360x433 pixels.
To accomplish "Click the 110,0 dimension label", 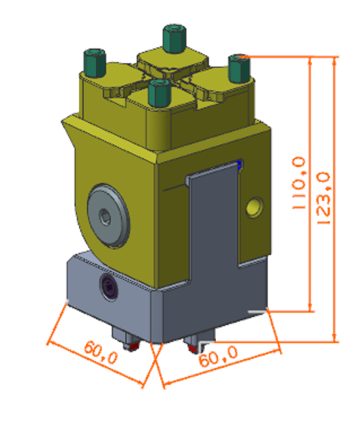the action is click(x=299, y=183).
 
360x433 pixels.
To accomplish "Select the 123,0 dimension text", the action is click(x=323, y=198).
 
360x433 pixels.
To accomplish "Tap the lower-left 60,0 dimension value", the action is click(x=101, y=352).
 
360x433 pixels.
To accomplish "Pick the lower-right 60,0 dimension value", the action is click(x=218, y=356).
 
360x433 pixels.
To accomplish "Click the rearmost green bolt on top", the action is click(x=174, y=38).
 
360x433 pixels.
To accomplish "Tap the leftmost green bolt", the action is click(x=95, y=63).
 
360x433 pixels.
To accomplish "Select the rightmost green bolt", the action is click(x=240, y=69).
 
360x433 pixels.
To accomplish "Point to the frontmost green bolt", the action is click(x=159, y=92).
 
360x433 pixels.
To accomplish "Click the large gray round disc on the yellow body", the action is click(x=109, y=216).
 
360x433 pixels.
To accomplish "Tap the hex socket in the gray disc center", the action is click(x=105, y=216).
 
